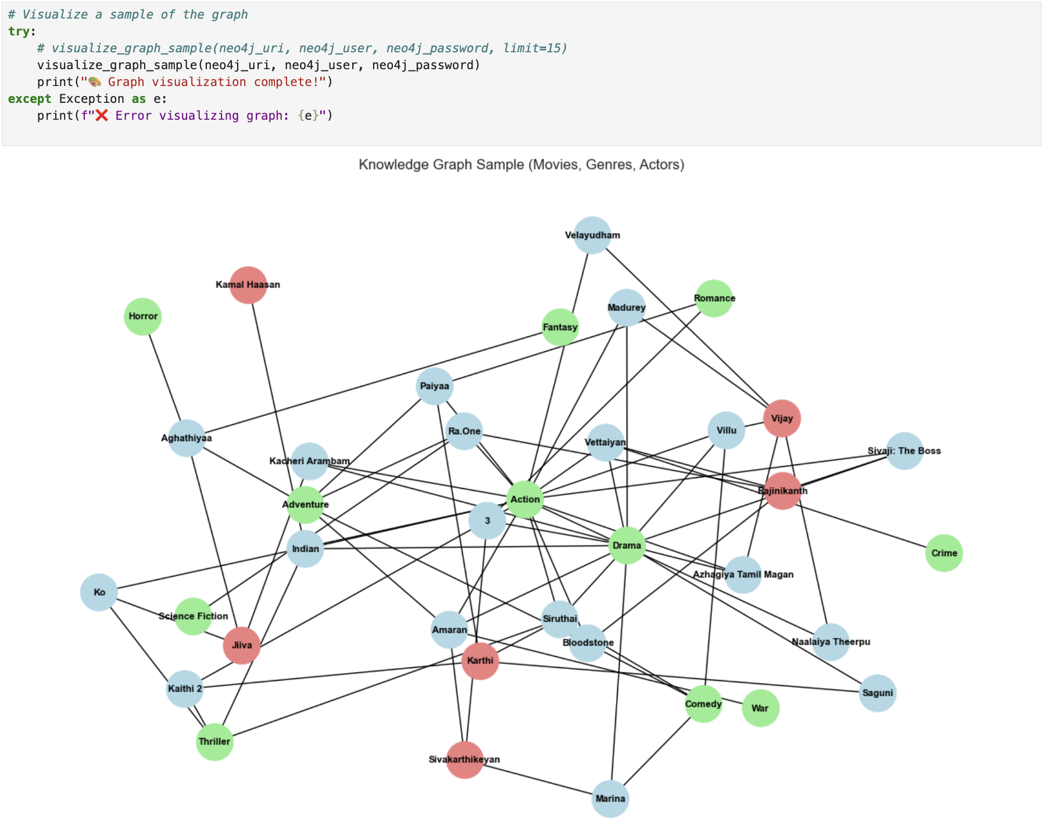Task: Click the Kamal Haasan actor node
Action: [248, 285]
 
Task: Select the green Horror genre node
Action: [143, 316]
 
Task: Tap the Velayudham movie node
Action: [592, 235]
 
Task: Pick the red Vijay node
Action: [782, 418]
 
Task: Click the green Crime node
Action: [944, 553]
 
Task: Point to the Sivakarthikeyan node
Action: [464, 760]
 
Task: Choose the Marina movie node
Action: [610, 799]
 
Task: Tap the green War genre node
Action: [760, 708]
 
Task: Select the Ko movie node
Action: [99, 592]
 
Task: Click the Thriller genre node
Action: [214, 742]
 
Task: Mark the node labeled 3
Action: [487, 521]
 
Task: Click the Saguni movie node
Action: [877, 693]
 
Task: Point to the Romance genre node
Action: [714, 298]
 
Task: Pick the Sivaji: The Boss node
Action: [904, 451]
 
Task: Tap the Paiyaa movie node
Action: [435, 386]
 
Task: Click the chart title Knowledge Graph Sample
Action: [521, 164]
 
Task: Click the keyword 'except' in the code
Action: [30, 99]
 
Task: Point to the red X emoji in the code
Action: [102, 116]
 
